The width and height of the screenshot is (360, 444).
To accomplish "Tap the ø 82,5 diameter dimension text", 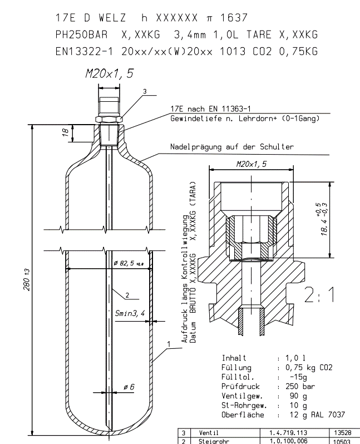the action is (x=129, y=263).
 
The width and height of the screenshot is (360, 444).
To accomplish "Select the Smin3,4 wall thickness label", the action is (x=130, y=313).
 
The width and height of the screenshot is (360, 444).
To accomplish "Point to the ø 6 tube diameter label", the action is (x=129, y=387).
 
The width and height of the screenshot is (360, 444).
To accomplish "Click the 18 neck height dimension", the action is (x=66, y=132).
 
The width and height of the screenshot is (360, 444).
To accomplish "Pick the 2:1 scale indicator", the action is (x=319, y=295).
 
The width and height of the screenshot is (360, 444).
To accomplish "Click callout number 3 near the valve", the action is (x=145, y=91).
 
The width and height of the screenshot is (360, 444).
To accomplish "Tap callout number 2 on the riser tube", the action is (x=127, y=295).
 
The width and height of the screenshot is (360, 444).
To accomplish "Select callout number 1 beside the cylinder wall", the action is (x=169, y=344).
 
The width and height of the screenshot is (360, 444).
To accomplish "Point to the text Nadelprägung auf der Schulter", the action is (x=232, y=147).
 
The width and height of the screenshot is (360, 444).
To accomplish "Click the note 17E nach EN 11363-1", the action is (x=210, y=108).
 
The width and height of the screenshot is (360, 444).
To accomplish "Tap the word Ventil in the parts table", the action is (x=209, y=433).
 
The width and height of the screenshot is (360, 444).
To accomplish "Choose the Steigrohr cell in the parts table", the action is (x=213, y=441).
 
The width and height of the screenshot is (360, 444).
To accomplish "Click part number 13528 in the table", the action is (x=342, y=433).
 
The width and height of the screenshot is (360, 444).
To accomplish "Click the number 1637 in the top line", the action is (x=234, y=18).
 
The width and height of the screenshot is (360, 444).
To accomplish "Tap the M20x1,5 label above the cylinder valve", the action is (x=109, y=73).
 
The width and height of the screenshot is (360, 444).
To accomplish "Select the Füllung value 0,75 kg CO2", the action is (x=309, y=368).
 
